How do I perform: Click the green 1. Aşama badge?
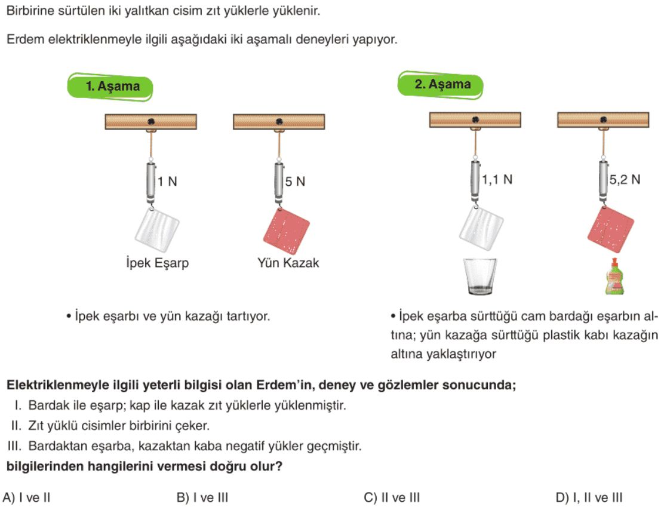pyautogui.click(x=110, y=87)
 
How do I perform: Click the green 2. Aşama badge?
pyautogui.click(x=441, y=85)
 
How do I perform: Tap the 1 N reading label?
pyautogui.click(x=167, y=182)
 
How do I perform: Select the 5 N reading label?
pyautogui.click(x=294, y=182)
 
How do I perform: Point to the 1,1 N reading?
pyautogui.click(x=497, y=180)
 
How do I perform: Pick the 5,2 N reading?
pyautogui.click(x=625, y=180)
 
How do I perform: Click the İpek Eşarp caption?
pyautogui.click(x=157, y=263)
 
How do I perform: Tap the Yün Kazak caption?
pyautogui.click(x=288, y=263)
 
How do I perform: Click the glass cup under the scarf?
pyautogui.click(x=480, y=276)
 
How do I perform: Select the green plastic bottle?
pyautogui.click(x=614, y=277)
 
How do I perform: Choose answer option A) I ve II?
pyautogui.click(x=26, y=498)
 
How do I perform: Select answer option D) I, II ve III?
pyautogui.click(x=589, y=498)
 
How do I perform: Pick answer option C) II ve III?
pyautogui.click(x=392, y=498)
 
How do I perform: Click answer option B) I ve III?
pyautogui.click(x=202, y=498)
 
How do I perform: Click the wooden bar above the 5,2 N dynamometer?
pyautogui.click(x=603, y=119)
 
